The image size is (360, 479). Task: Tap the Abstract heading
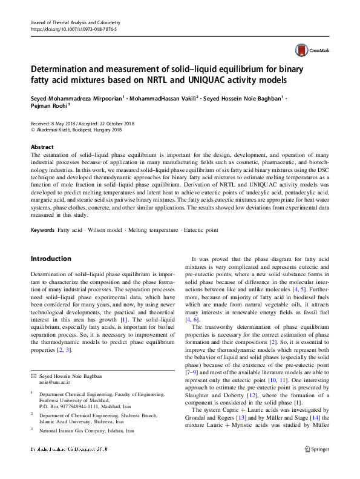click(x=42, y=147)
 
